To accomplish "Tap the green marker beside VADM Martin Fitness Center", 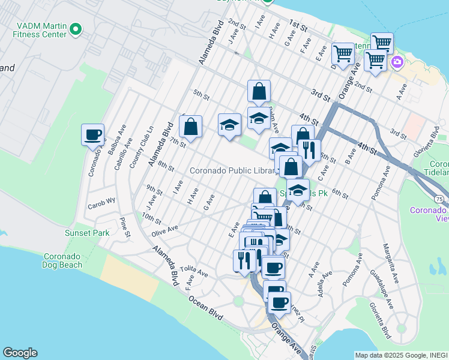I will point(76,28).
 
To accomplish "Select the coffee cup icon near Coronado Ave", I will point(93,135).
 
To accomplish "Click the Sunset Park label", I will point(83,233).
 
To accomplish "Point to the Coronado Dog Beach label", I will point(62,260).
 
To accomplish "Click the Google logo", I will point(20,353).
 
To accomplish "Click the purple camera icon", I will point(397,62).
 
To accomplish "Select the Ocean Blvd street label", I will point(205,307).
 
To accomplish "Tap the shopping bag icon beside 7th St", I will point(190,127).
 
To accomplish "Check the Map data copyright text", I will point(400,355).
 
